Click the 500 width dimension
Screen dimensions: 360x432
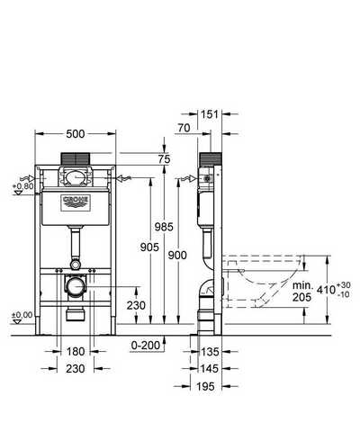[x=76, y=134]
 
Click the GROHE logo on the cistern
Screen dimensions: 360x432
[x=76, y=203]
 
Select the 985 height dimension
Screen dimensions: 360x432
[x=164, y=227]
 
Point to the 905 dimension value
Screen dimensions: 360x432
[x=149, y=247]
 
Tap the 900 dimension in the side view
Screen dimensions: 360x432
[x=177, y=256]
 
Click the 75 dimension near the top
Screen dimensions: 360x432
[x=164, y=159]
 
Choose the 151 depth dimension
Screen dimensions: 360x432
[x=210, y=114]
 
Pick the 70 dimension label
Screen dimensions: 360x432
[x=184, y=128]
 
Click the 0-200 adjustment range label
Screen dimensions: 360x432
[x=146, y=346]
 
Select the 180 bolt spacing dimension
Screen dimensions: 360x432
[x=76, y=352]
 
